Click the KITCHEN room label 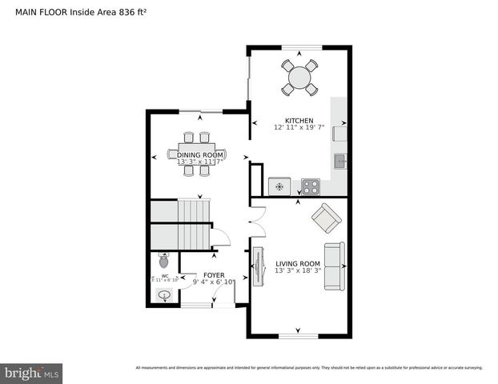299,120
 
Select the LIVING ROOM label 298,263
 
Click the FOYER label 203,274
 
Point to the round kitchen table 300,78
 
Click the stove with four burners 311,187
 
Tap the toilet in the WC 164,260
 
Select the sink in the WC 164,295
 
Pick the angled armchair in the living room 326,217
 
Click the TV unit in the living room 259,266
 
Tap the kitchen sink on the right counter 340,161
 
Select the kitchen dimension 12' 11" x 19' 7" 299,127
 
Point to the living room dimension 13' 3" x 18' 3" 298,270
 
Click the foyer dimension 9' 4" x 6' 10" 203,282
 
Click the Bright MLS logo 31,373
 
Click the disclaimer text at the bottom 309,367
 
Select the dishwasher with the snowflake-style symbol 279,186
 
